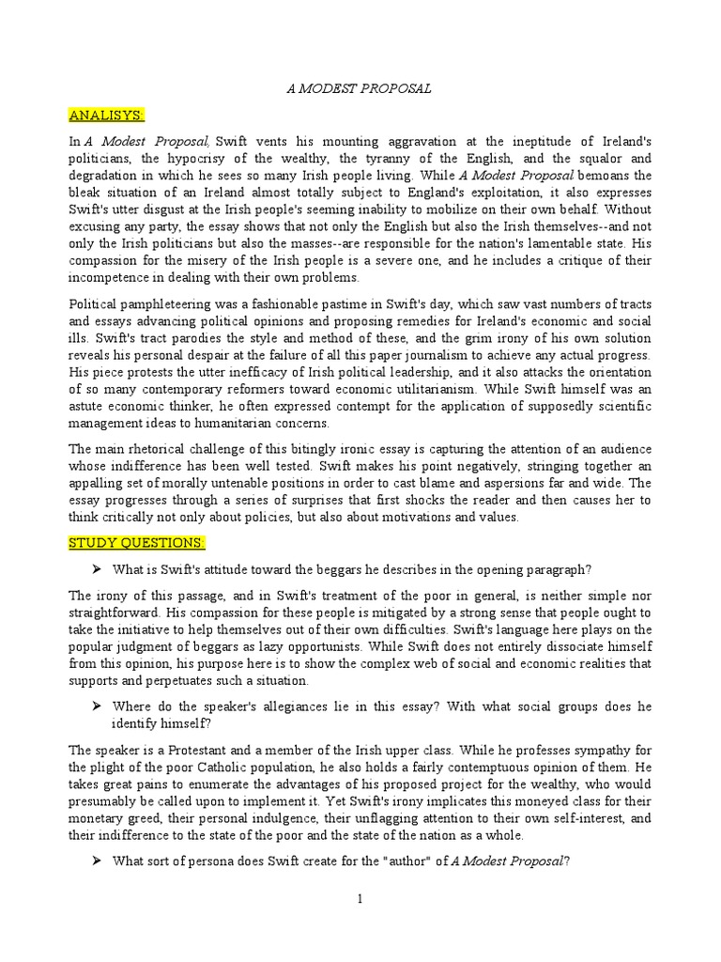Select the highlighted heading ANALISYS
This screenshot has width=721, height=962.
pos(105,115)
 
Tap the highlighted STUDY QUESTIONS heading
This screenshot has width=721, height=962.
pos(136,543)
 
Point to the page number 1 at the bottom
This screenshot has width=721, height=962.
pos(360,899)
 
